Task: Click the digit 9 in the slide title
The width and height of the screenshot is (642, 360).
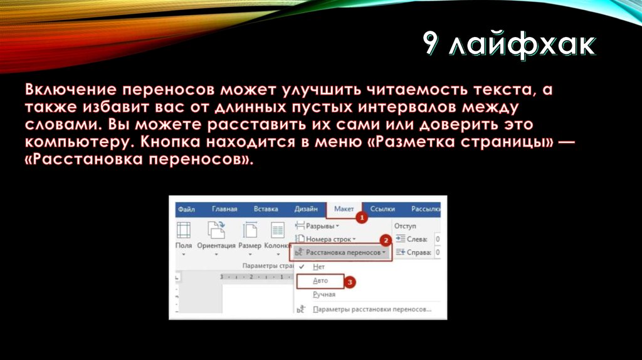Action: point(430,45)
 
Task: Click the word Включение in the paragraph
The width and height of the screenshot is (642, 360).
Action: point(73,90)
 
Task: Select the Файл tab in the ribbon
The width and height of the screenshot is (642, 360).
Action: point(186,209)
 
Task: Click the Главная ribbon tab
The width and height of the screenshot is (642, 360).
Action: point(224,209)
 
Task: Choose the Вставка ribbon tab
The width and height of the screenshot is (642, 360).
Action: point(266,209)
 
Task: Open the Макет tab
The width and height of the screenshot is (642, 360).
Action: point(344,209)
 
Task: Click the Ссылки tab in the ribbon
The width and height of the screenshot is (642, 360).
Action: point(382,209)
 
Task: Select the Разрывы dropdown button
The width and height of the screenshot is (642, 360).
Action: point(320,225)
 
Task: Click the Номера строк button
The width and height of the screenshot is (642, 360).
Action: point(327,239)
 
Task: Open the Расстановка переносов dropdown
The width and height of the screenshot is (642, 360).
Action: point(342,252)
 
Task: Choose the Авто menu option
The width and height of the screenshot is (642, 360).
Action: point(321,281)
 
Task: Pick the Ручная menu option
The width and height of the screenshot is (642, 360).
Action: point(324,294)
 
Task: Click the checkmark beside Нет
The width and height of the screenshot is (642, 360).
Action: point(302,267)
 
